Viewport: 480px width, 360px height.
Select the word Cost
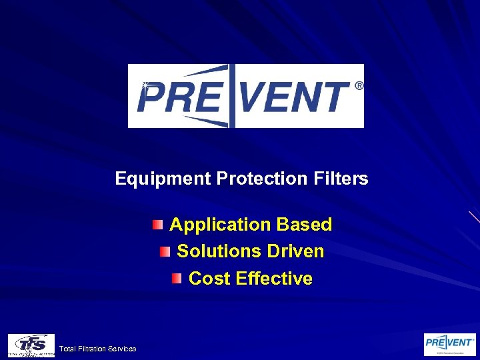(209, 278)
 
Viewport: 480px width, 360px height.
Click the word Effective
(274, 278)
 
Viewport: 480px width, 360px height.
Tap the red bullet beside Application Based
(156, 225)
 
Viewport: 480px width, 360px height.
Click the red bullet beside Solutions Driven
(164, 251)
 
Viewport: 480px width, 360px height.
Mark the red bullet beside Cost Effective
(176, 278)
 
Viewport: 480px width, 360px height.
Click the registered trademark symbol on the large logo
(359, 85)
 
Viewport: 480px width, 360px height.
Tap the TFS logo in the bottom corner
(31, 345)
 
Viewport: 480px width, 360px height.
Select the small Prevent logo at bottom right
(450, 343)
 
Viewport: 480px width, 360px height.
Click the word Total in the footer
(67, 349)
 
